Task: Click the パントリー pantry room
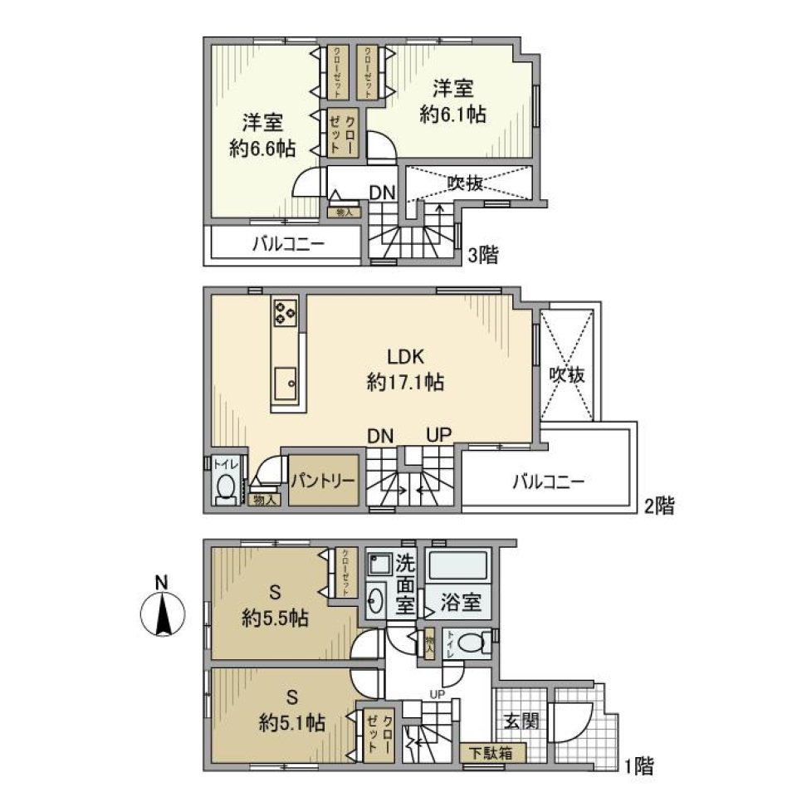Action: (x=323, y=481)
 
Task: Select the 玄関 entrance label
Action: (x=521, y=721)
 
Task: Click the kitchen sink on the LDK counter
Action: (x=286, y=382)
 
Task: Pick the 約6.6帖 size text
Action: (x=262, y=149)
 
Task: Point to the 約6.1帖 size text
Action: (x=452, y=115)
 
